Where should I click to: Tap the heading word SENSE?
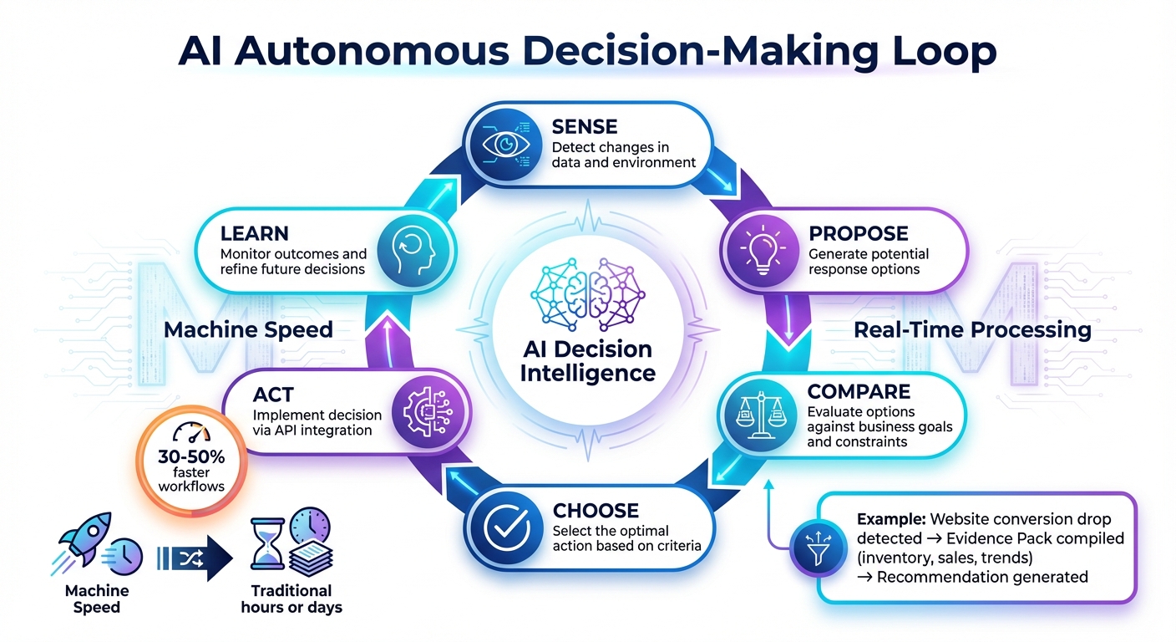[x=585, y=127]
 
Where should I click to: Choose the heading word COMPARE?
[x=859, y=392]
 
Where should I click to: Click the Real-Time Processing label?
[x=972, y=330]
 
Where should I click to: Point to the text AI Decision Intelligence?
[x=588, y=360]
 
